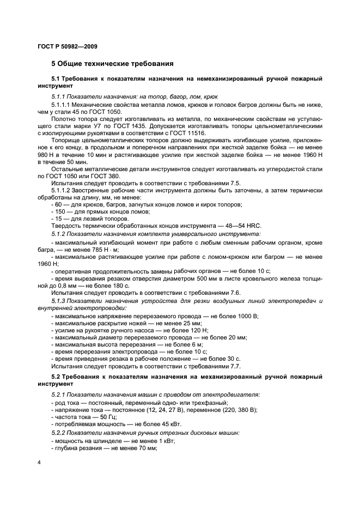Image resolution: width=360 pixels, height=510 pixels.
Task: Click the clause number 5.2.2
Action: coord(60,432)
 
